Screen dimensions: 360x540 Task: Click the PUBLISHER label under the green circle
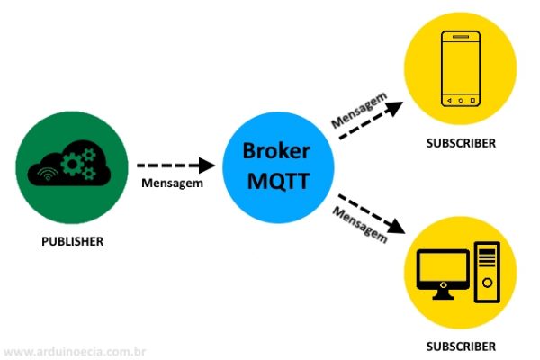click(73, 241)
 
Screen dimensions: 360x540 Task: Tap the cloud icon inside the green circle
click(70, 165)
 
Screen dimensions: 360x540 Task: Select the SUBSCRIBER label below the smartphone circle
click(461, 144)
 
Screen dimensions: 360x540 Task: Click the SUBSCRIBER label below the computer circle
click(461, 346)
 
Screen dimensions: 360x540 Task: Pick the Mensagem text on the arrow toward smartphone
click(359, 109)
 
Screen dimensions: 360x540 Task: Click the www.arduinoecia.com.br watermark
click(76, 351)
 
